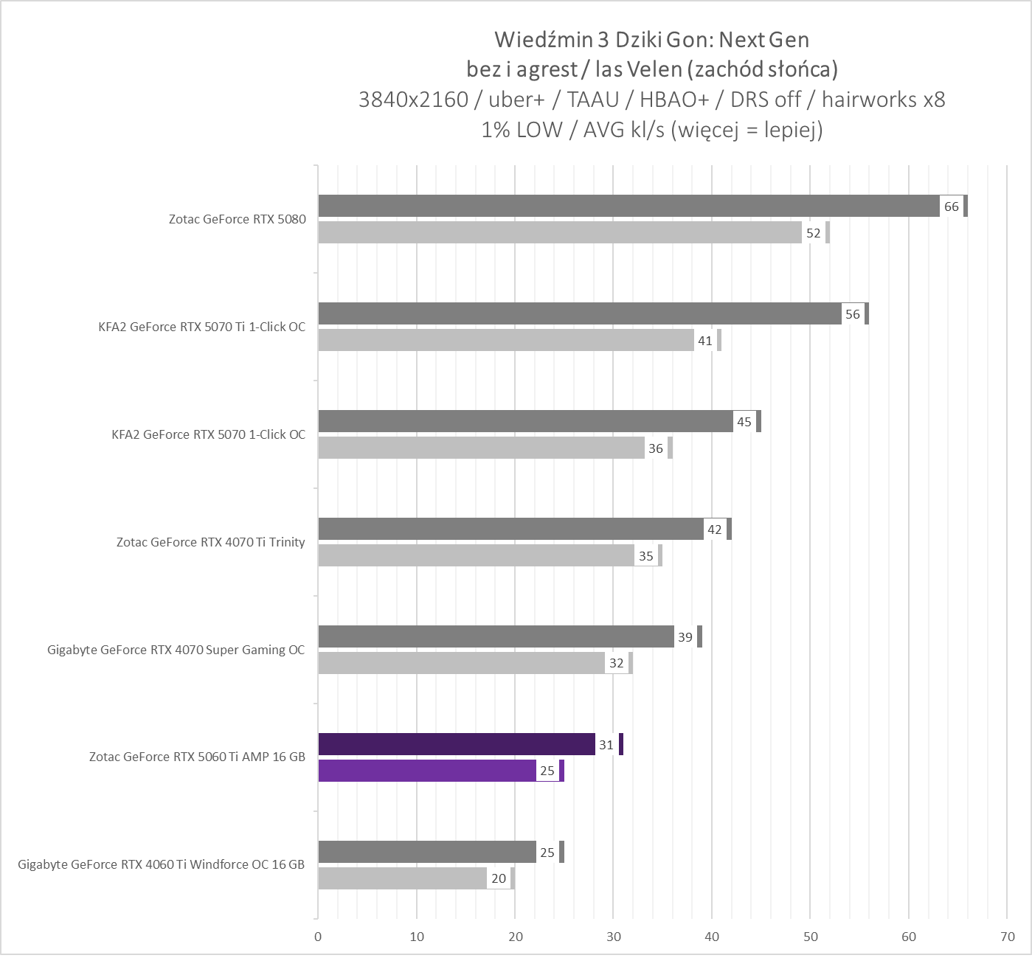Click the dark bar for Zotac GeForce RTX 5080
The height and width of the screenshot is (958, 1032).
pyautogui.click(x=627, y=206)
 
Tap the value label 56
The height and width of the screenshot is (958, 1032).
pyautogui.click(x=853, y=314)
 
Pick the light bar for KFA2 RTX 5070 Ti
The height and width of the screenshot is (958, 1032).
pyautogui.click(x=505, y=341)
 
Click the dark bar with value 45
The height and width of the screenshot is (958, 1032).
pyautogui.click(x=525, y=422)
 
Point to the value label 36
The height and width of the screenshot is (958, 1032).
pyautogui.click(x=656, y=448)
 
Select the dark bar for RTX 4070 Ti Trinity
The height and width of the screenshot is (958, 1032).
pyautogui.click(x=510, y=530)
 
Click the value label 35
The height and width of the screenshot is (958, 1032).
pyautogui.click(x=646, y=556)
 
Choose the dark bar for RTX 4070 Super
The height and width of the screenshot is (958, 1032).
pyautogui.click(x=496, y=637)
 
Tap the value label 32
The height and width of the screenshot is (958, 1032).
pyautogui.click(x=617, y=663)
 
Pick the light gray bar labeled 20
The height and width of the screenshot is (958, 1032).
pyautogui.click(x=402, y=878)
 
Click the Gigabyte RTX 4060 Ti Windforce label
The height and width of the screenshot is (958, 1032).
pyautogui.click(x=162, y=864)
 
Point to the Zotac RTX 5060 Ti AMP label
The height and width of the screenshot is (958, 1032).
pyautogui.click(x=197, y=757)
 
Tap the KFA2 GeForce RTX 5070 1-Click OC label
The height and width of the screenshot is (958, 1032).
pyautogui.click(x=208, y=434)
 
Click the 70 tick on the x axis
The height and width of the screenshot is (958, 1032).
pyautogui.click(x=1007, y=937)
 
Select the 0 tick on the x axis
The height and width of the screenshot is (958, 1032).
pyautogui.click(x=318, y=937)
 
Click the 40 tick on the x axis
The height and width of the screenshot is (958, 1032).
pyautogui.click(x=712, y=937)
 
